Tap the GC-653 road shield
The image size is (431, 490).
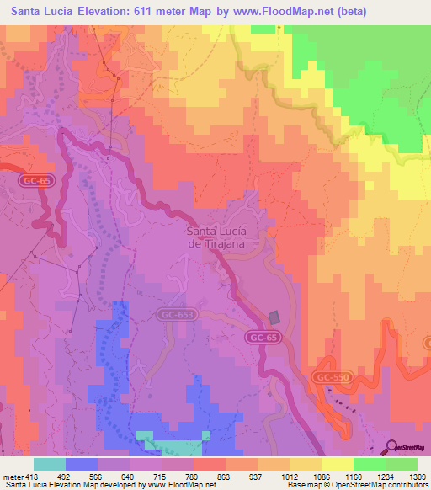[173, 314]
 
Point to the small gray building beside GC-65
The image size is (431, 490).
[274, 317]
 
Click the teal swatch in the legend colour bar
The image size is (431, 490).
[50, 464]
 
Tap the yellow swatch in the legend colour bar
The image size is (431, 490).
[337, 464]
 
